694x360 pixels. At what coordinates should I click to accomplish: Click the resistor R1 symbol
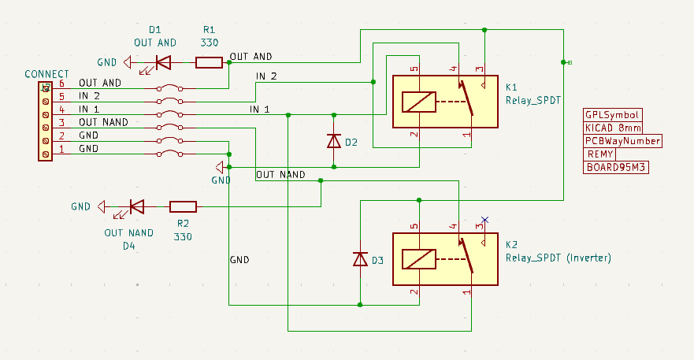pyautogui.click(x=209, y=62)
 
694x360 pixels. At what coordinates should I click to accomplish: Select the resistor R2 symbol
pyautogui.click(x=183, y=207)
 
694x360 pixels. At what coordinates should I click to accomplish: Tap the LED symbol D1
pyautogui.click(x=163, y=62)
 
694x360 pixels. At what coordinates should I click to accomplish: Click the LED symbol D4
pyautogui.click(x=136, y=207)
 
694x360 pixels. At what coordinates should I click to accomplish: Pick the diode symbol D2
pyautogui.click(x=333, y=141)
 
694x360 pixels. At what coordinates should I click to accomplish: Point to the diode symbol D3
pyautogui.click(x=360, y=259)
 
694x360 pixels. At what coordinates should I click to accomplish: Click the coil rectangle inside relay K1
pyautogui.click(x=418, y=102)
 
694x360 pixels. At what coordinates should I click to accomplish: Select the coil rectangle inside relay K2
pyautogui.click(x=418, y=259)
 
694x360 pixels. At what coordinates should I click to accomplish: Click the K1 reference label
pyautogui.click(x=512, y=87)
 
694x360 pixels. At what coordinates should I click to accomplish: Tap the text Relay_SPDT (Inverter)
pyautogui.click(x=558, y=258)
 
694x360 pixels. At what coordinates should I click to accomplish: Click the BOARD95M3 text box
pyautogui.click(x=615, y=168)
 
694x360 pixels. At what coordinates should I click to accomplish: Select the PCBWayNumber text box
pyautogui.click(x=622, y=141)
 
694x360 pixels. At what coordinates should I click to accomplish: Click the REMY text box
pyautogui.click(x=599, y=154)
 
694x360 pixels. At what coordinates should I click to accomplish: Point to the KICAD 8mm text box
pyautogui.click(x=614, y=128)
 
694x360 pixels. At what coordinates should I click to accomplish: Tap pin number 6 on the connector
pyautogui.click(x=61, y=84)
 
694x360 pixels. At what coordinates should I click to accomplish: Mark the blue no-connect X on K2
pyautogui.click(x=485, y=220)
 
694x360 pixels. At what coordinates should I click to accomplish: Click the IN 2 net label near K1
pyautogui.click(x=266, y=76)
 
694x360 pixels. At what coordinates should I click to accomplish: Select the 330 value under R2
pyautogui.click(x=183, y=236)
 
